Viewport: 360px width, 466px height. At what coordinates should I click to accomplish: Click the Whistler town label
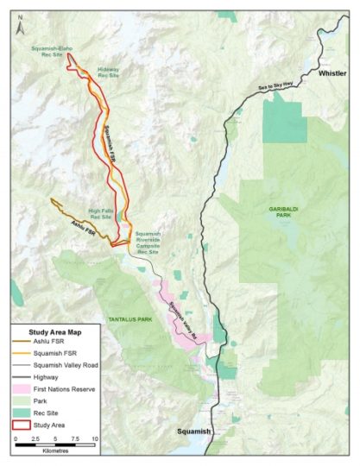(x=332, y=74)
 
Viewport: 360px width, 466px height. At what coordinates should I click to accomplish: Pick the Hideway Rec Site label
(x=108, y=72)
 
